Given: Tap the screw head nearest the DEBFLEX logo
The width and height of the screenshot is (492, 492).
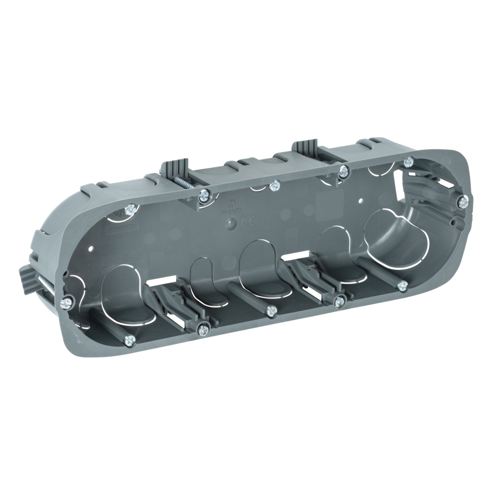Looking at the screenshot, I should [130, 210].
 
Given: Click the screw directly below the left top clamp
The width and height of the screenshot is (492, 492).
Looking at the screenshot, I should [203, 196].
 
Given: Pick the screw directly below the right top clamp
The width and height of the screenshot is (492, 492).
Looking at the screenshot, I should [344, 171].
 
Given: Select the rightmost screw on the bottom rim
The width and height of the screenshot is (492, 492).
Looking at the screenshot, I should [402, 285].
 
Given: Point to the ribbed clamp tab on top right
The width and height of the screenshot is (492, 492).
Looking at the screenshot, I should [305, 147].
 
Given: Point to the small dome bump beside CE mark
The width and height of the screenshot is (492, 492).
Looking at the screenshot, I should [232, 223].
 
